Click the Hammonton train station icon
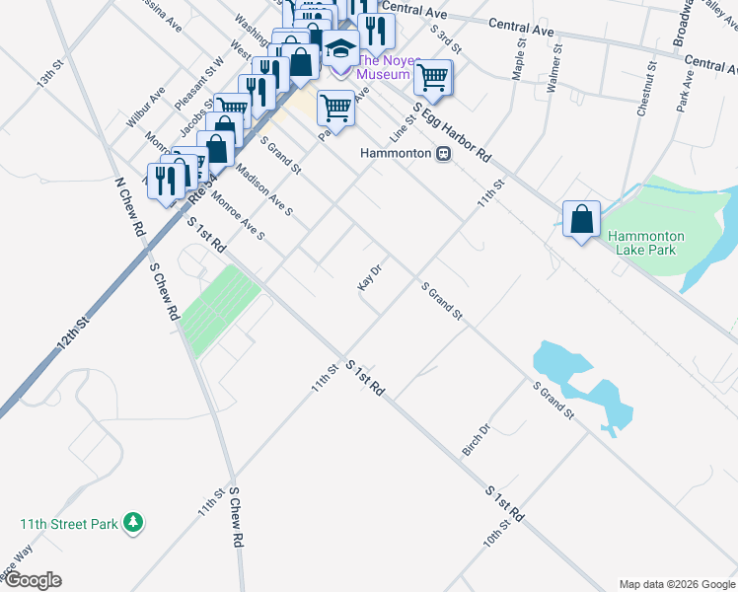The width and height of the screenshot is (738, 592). pos(445,154)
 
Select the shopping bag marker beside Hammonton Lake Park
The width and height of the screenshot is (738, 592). pos(582,219)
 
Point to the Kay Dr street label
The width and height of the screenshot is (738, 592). pos(369,278)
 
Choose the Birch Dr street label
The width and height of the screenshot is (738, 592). pos(476,441)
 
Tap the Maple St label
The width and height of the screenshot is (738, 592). pos(519,61)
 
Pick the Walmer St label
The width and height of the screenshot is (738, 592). pos(553,68)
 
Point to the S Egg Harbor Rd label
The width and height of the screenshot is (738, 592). pos(451,132)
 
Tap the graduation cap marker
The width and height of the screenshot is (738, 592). pos(340,48)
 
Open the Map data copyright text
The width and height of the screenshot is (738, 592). pos(677,584)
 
